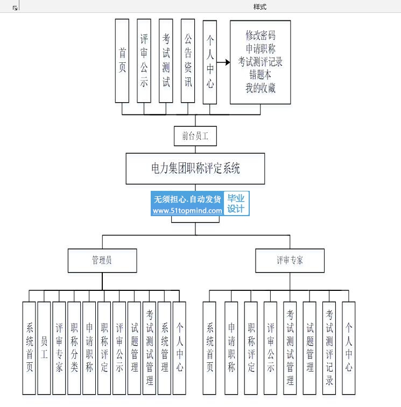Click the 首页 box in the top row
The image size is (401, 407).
click(x=122, y=61)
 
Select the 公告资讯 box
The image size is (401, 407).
click(x=188, y=61)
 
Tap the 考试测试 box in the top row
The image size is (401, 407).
click(x=166, y=61)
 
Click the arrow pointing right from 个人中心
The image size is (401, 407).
click(x=223, y=62)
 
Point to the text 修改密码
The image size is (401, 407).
click(x=261, y=36)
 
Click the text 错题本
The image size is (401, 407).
click(x=261, y=75)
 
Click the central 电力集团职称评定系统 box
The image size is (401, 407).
click(x=195, y=168)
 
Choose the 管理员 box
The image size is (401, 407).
click(x=102, y=260)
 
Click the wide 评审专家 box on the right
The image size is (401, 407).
click(x=290, y=260)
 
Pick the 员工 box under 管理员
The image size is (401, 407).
click(x=44, y=348)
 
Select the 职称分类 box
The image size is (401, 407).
click(x=74, y=348)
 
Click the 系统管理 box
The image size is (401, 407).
click(x=165, y=348)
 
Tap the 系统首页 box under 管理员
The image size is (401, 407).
click(x=29, y=348)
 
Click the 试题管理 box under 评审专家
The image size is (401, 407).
click(x=309, y=348)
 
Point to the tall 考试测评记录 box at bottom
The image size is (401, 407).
click(x=329, y=348)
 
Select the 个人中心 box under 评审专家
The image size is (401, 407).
click(x=349, y=348)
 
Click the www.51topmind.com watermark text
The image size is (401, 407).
click(x=187, y=211)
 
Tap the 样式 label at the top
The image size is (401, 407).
click(x=260, y=7)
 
